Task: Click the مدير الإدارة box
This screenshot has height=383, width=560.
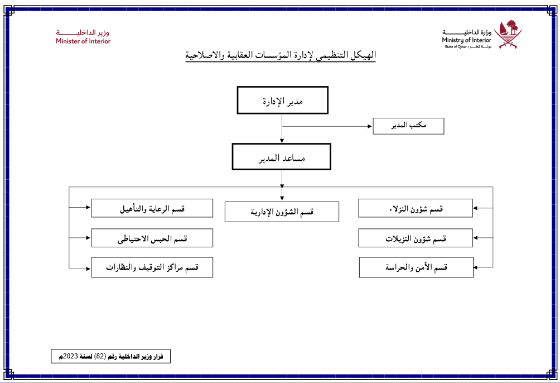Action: (282, 100)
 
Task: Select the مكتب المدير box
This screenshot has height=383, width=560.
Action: (408, 126)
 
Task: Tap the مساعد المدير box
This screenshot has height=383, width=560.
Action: (282, 156)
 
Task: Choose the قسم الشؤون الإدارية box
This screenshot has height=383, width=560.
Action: (282, 212)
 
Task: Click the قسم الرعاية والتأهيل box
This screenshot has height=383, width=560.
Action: (152, 208)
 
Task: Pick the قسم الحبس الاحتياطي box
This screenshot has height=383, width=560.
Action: (152, 238)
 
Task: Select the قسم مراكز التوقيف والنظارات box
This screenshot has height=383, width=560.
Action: (152, 267)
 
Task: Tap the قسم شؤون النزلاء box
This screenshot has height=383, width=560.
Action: (416, 208)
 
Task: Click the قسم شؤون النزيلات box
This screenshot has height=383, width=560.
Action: (416, 238)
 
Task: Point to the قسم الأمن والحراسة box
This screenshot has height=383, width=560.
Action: (416, 267)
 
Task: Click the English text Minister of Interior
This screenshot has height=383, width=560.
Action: (83, 41)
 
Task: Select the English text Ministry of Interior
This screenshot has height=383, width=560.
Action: (466, 40)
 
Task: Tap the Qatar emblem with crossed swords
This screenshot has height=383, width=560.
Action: (510, 35)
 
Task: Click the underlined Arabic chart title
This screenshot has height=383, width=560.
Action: (281, 56)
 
